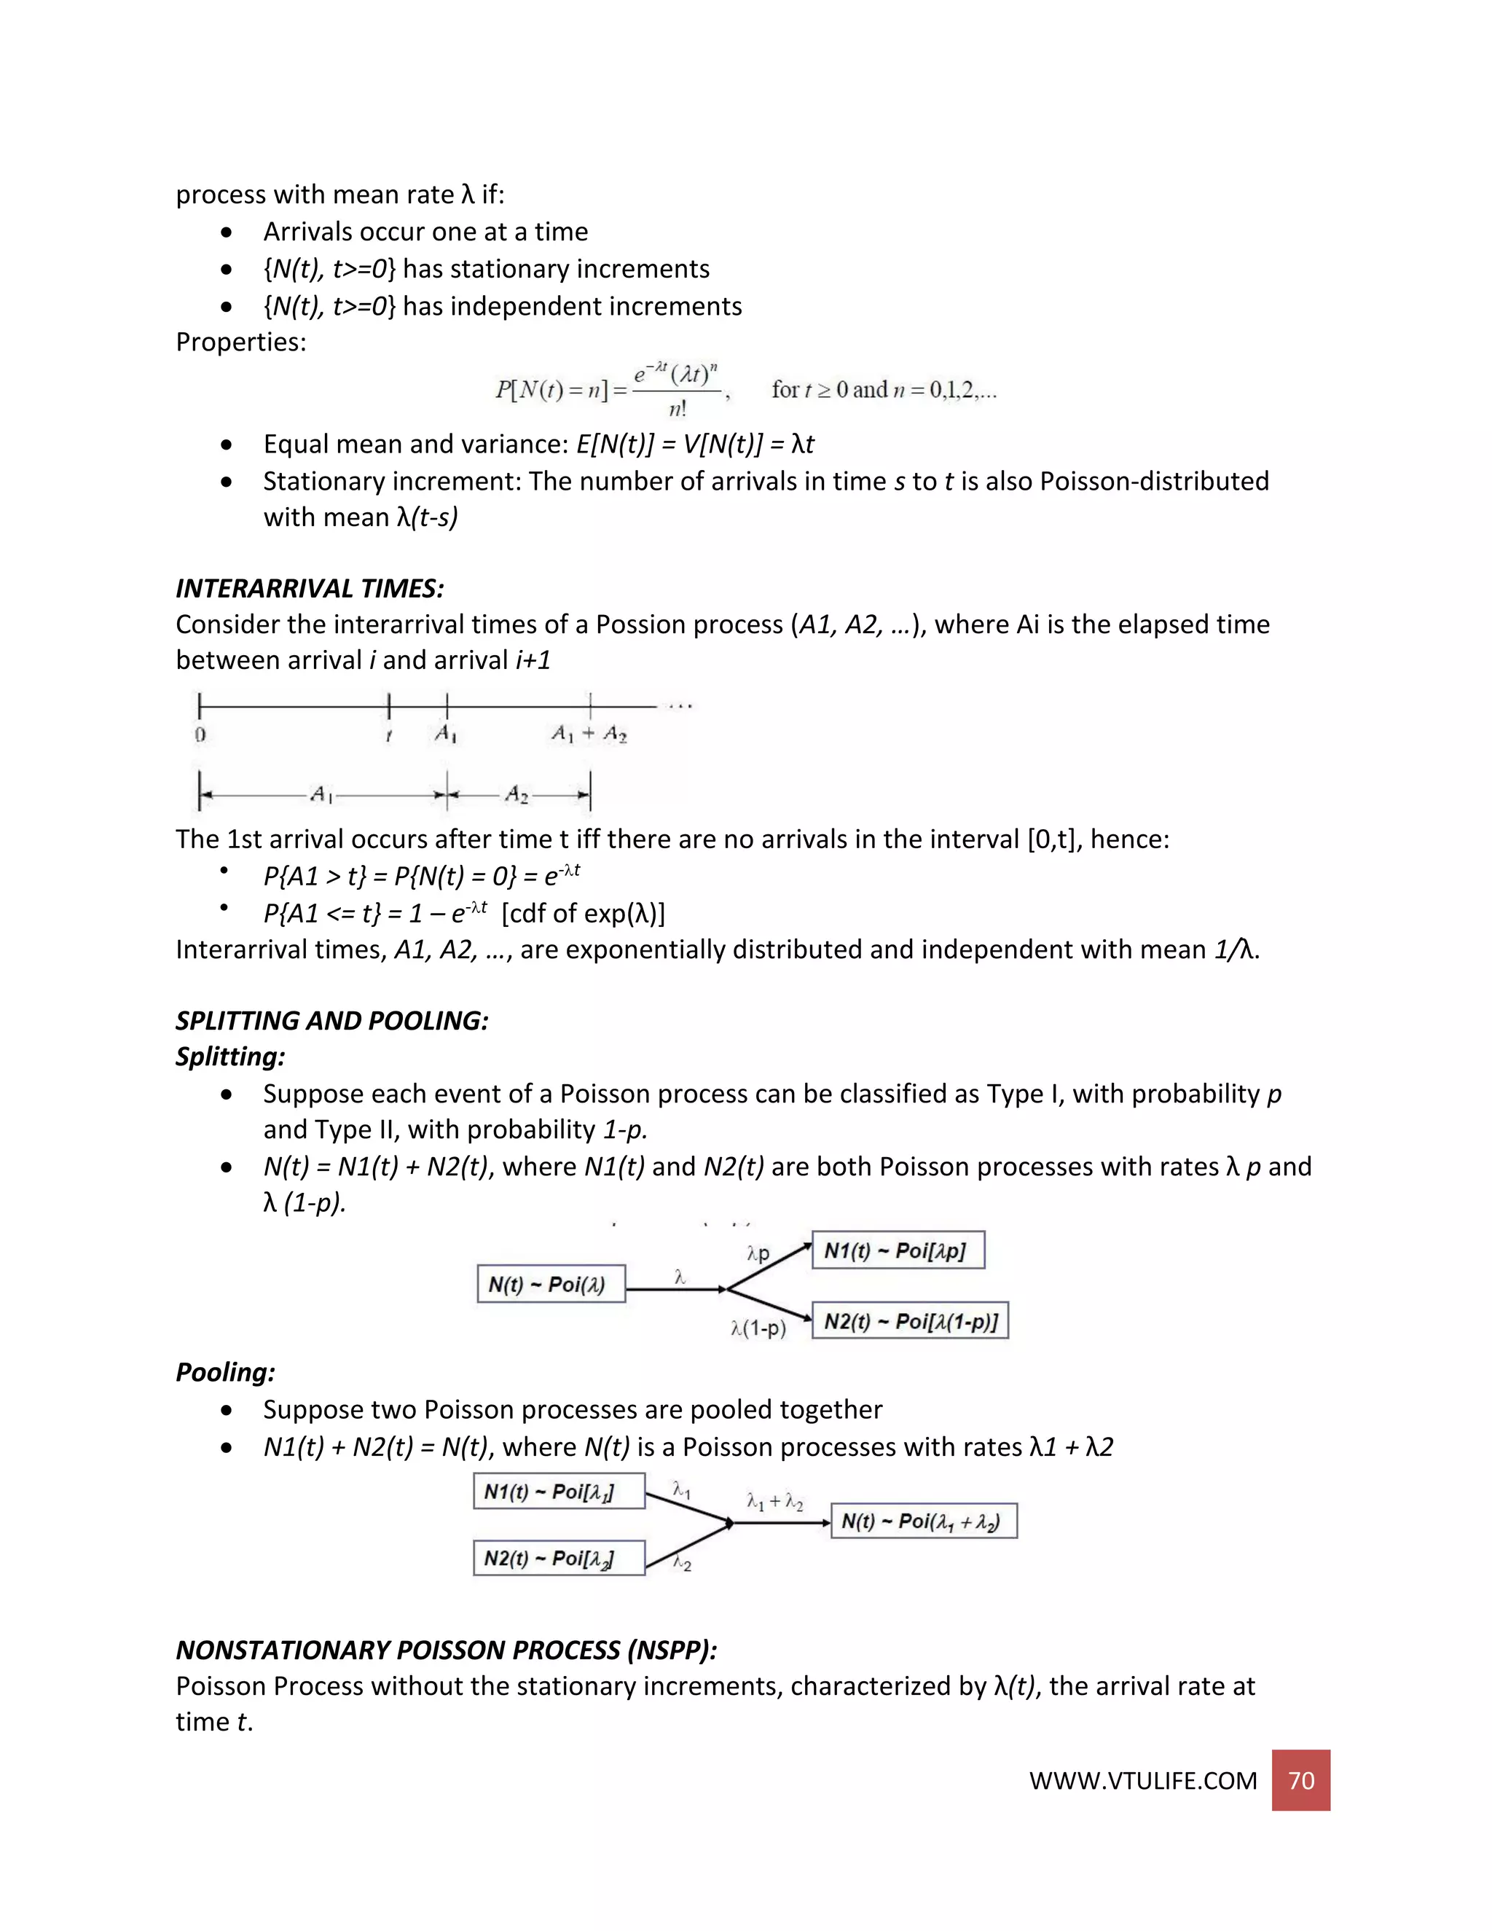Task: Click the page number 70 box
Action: (x=1300, y=1780)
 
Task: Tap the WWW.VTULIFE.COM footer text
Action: (x=1142, y=1781)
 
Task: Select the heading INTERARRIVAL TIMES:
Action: (x=310, y=588)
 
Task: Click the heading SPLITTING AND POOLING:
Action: (x=331, y=1020)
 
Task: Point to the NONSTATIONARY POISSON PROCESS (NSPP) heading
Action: (x=447, y=1650)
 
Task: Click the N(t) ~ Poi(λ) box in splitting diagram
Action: (x=551, y=1284)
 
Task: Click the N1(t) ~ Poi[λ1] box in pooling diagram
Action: (x=559, y=1492)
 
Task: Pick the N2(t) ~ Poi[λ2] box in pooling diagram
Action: (x=559, y=1558)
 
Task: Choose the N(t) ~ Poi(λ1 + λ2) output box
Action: (x=924, y=1521)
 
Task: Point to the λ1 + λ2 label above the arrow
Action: (x=774, y=1501)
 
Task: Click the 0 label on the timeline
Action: (x=200, y=734)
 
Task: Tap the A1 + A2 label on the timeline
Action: (x=589, y=734)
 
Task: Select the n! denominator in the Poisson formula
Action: (x=678, y=409)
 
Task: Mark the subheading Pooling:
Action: (x=225, y=1372)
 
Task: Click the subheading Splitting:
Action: (x=229, y=1057)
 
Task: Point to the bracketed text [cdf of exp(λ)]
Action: (x=584, y=912)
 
